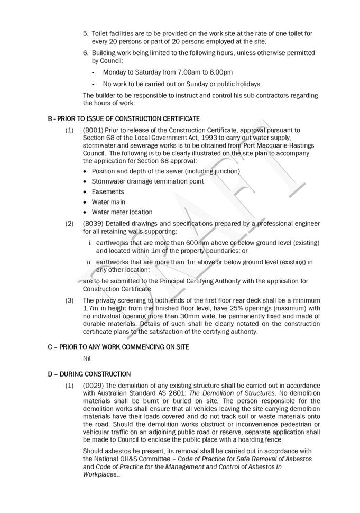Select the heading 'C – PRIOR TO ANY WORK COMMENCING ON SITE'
pos(118,347)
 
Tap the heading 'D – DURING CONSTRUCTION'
pos(89,374)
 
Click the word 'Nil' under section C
pos(87,358)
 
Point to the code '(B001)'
pos(93,130)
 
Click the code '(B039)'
pos(93,224)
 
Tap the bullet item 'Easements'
pos(108,191)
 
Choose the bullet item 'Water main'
pos(108,202)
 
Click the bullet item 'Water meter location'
pos(122,212)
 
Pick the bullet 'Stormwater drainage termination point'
pos(147,181)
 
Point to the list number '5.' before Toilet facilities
pos(86,33)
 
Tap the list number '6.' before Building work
pos(86,53)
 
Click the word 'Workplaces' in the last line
pos(100,474)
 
